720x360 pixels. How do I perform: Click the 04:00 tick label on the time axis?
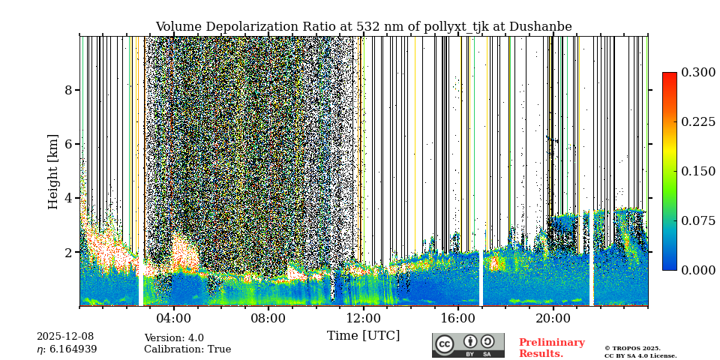pos(173,318)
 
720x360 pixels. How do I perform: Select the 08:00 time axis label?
pos(268,318)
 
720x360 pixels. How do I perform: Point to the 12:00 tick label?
pos(363,318)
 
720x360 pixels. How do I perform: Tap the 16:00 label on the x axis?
pos(457,318)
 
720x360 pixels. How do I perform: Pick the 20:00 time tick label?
pos(553,318)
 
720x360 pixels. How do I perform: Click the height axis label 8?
pos(68,90)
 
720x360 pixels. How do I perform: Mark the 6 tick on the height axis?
pos(68,144)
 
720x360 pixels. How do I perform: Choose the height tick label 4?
pos(68,198)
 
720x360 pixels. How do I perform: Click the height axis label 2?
pos(68,253)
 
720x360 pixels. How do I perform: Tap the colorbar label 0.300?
pos(698,73)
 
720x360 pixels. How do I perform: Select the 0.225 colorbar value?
pos(698,122)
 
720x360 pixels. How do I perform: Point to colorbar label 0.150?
pos(698,171)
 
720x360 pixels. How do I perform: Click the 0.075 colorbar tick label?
pos(698,220)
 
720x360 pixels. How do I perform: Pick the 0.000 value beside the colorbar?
pos(698,270)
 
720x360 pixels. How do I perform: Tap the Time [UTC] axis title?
pos(363,335)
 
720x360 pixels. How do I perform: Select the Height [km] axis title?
pos(53,171)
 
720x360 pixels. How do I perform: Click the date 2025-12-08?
pos(65,337)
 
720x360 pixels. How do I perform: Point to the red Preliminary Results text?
pos(551,348)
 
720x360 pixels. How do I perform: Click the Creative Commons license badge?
pos(468,345)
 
